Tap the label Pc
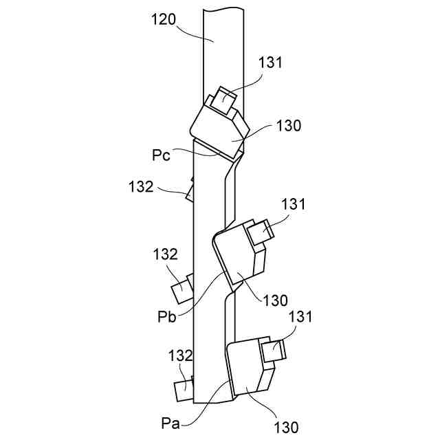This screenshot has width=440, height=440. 161,154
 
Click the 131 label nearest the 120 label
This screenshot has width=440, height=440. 271,63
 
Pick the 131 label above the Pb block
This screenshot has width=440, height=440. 293,204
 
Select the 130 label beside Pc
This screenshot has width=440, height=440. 288,126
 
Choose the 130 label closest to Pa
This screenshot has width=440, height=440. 285,427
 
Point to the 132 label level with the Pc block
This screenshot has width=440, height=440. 141,186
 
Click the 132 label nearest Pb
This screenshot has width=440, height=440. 165,254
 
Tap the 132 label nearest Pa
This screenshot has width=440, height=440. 180,355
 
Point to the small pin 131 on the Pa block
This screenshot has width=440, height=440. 273,350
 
